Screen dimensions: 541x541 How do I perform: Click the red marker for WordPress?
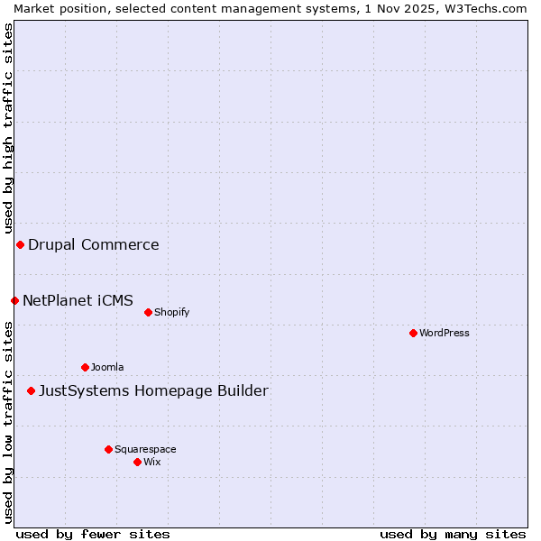coord(413,333)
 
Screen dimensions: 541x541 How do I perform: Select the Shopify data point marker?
coord(148,312)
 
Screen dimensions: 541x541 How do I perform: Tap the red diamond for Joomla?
coord(85,367)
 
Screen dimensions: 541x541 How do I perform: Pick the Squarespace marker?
coord(108,449)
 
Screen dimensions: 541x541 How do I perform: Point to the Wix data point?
coord(137,462)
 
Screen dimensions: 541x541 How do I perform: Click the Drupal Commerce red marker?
coord(20,244)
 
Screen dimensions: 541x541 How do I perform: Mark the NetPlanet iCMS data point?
coord(14,300)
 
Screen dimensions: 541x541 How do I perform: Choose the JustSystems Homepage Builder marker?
coord(31,390)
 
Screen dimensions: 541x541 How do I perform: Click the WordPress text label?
coord(445,333)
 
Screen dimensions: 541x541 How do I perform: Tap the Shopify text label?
coord(171,312)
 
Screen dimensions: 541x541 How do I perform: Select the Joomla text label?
coord(107,367)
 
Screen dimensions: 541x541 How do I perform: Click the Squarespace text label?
coord(145,449)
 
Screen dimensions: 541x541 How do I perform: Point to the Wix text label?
coord(152,462)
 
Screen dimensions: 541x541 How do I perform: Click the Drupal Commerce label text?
coord(94,244)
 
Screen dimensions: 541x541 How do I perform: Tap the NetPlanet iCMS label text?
coord(78,300)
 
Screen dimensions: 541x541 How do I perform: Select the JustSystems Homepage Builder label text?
coord(153,390)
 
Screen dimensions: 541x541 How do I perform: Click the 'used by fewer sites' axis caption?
coord(93,534)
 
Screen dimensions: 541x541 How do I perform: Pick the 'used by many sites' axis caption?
coord(453,534)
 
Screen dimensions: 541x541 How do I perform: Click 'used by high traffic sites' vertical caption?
coord(8,125)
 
